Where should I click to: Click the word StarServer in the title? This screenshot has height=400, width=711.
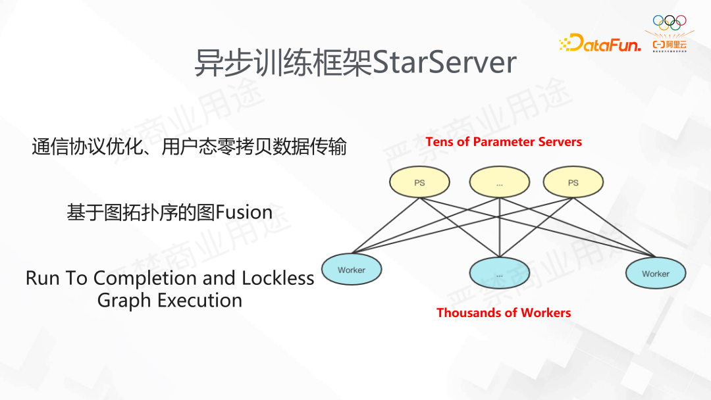pyautogui.click(x=444, y=63)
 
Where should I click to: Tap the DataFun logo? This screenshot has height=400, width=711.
pyautogui.click(x=599, y=43)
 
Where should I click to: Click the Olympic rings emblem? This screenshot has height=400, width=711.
pyautogui.click(x=669, y=22)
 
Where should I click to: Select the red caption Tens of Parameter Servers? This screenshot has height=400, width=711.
pyautogui.click(x=504, y=141)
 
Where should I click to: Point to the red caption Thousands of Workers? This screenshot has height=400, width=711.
pyautogui.click(x=504, y=312)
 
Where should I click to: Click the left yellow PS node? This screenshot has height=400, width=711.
pyautogui.click(x=419, y=182)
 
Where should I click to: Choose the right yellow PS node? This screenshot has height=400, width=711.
pyautogui.click(x=573, y=182)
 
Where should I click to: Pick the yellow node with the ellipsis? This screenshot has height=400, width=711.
pyautogui.click(x=500, y=182)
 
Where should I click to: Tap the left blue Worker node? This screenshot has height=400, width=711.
pyautogui.click(x=352, y=270)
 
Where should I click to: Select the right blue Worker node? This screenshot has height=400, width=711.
pyautogui.click(x=656, y=273)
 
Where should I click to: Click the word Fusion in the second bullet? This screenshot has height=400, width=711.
pyautogui.click(x=244, y=213)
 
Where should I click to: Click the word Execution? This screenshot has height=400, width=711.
pyautogui.click(x=200, y=301)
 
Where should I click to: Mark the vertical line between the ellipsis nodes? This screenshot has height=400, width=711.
pyautogui.click(x=500, y=227)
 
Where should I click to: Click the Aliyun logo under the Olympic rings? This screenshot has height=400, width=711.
pyautogui.click(x=670, y=45)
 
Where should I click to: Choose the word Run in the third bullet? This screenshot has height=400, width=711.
pyautogui.click(x=41, y=278)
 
